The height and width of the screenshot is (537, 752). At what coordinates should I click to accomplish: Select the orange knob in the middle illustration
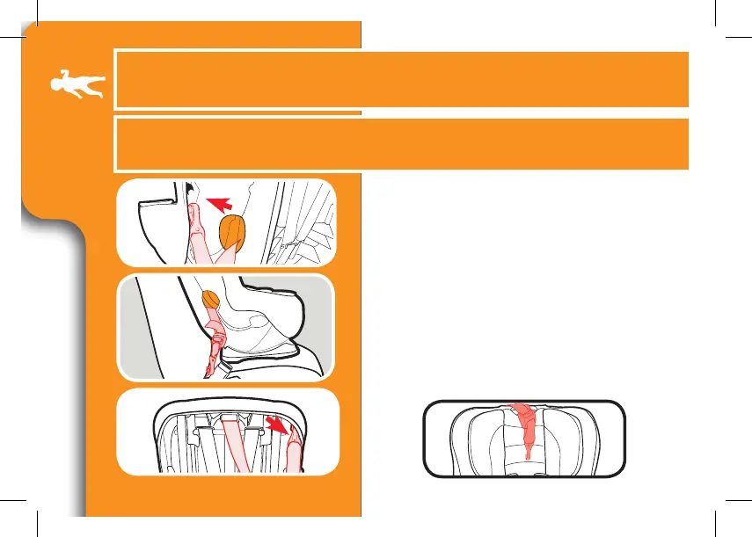click(x=211, y=301)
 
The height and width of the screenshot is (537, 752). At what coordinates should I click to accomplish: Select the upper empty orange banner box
click(x=400, y=78)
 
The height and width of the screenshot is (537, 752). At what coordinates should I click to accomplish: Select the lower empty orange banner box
click(x=400, y=143)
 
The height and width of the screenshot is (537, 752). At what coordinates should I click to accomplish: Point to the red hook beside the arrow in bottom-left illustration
click(x=294, y=445)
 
